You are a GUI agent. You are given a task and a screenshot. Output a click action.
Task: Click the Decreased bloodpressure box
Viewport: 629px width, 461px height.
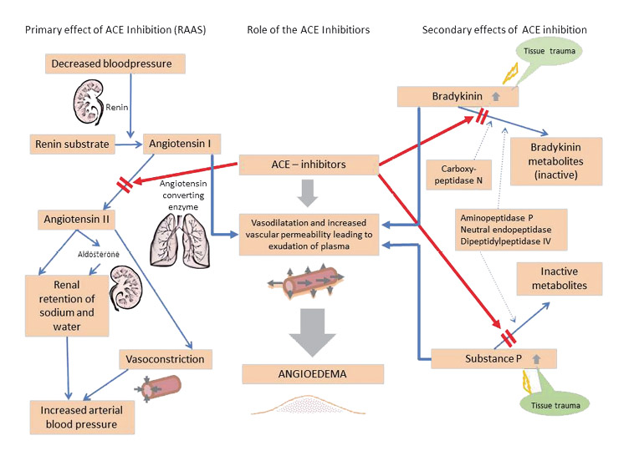[x=115, y=63]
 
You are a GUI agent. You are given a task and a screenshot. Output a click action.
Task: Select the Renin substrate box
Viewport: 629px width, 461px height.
[x=73, y=144]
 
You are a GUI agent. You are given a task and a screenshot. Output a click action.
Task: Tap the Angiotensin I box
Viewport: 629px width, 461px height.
[x=182, y=144]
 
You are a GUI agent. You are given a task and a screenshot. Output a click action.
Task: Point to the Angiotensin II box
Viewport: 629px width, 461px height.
[x=77, y=220]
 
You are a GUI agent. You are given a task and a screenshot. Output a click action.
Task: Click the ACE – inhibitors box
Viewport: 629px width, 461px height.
[x=309, y=165]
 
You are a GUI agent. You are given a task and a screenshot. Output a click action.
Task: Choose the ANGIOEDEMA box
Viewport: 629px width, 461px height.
[x=313, y=374]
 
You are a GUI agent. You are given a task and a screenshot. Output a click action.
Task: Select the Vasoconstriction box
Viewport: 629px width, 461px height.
[x=166, y=359]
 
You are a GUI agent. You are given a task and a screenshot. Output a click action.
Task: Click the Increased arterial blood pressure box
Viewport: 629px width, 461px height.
[x=82, y=418]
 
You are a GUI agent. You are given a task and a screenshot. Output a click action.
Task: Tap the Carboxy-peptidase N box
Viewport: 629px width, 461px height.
[x=458, y=175]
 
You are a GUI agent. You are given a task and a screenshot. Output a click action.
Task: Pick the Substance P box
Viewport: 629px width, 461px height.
[x=493, y=358]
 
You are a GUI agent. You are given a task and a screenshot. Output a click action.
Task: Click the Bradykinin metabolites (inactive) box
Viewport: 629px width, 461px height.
[x=556, y=161]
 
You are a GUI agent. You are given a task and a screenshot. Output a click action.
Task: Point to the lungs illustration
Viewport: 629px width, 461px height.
[x=180, y=241]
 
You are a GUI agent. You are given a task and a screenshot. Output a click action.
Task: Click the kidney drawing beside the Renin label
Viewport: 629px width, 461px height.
[x=89, y=102]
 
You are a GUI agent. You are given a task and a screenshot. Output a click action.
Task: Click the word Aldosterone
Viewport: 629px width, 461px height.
[x=99, y=255]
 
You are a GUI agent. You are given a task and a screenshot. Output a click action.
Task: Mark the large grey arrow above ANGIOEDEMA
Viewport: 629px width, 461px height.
[x=313, y=332]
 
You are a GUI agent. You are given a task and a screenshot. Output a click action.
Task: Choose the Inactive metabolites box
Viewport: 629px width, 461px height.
[x=560, y=279]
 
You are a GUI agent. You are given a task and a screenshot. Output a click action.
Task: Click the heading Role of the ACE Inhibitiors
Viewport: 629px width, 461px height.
[x=308, y=30]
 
